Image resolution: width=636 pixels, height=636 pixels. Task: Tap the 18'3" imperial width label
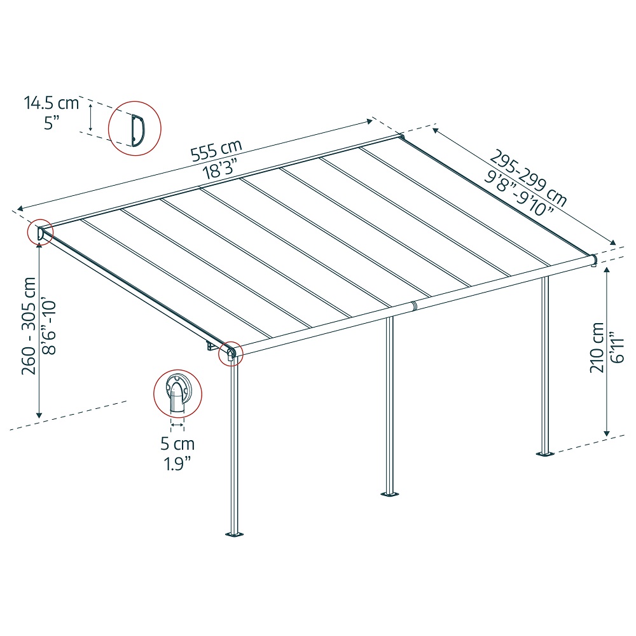(219, 168)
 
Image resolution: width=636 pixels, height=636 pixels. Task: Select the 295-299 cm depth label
(528, 177)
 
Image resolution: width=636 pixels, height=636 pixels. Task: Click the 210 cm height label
(597, 348)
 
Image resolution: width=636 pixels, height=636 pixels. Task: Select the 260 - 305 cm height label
(29, 326)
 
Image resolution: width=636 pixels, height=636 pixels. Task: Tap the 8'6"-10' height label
(49, 328)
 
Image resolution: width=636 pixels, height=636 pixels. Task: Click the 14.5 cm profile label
(51, 102)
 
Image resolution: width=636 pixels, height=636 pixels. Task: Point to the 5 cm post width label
(177, 444)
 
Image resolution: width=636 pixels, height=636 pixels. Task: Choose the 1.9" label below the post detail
(177, 464)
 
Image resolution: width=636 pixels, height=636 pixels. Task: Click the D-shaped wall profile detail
(137, 130)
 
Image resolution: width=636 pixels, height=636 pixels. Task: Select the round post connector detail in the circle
(177, 394)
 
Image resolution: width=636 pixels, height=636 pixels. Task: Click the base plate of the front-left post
(234, 534)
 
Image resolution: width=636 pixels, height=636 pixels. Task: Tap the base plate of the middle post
(389, 494)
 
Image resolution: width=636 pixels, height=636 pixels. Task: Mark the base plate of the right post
(546, 453)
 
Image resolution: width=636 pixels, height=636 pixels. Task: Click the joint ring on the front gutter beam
(414, 305)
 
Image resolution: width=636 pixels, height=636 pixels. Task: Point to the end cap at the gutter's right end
(594, 260)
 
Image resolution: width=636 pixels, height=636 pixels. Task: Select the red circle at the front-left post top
(230, 354)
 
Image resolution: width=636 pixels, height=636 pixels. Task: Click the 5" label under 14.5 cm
(52, 123)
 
